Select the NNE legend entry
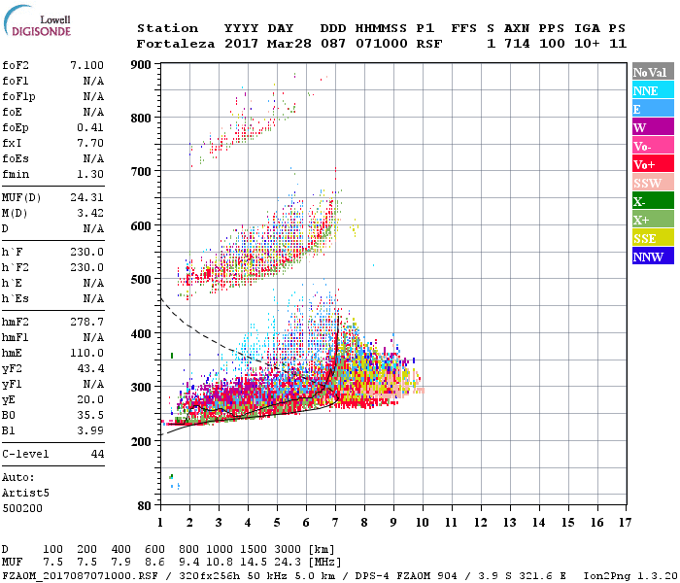click(652, 90)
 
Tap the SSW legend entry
click(652, 183)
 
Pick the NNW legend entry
click(652, 257)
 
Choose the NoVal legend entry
click(652, 72)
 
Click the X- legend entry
click(652, 201)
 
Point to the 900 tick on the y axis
click(142, 65)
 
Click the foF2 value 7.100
click(87, 63)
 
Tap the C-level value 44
click(97, 454)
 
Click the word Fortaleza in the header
click(171, 43)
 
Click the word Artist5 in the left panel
click(26, 493)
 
